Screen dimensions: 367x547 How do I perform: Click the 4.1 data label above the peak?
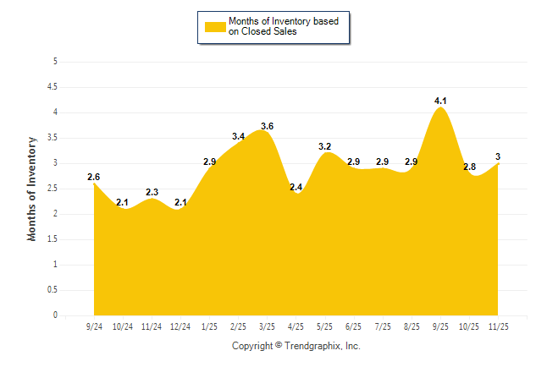tap(440, 101)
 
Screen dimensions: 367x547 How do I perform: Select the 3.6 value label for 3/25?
tap(268, 126)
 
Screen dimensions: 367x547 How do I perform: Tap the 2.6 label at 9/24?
tap(94, 177)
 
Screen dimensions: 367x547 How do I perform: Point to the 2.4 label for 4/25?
tap(296, 187)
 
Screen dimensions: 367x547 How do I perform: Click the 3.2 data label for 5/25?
tap(324, 146)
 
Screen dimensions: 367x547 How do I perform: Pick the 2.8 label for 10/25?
tap(469, 167)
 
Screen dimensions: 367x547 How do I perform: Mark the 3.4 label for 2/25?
tap(239, 136)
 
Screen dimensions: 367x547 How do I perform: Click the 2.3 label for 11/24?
tap(152, 192)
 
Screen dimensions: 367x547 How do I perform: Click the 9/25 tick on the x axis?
tap(440, 326)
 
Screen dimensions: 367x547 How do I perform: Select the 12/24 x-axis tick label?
tap(180, 326)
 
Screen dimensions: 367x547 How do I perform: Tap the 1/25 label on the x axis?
tap(209, 326)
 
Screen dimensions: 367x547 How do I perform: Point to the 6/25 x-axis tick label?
tap(354, 326)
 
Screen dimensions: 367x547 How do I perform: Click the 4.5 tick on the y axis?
tap(52, 86)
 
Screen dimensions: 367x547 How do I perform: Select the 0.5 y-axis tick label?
tap(52, 289)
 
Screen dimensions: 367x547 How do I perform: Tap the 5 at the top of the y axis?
tap(55, 61)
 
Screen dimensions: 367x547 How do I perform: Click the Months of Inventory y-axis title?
tap(32, 189)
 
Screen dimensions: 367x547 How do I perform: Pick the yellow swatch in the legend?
tap(214, 26)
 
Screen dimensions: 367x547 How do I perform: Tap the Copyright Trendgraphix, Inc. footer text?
tap(296, 346)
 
